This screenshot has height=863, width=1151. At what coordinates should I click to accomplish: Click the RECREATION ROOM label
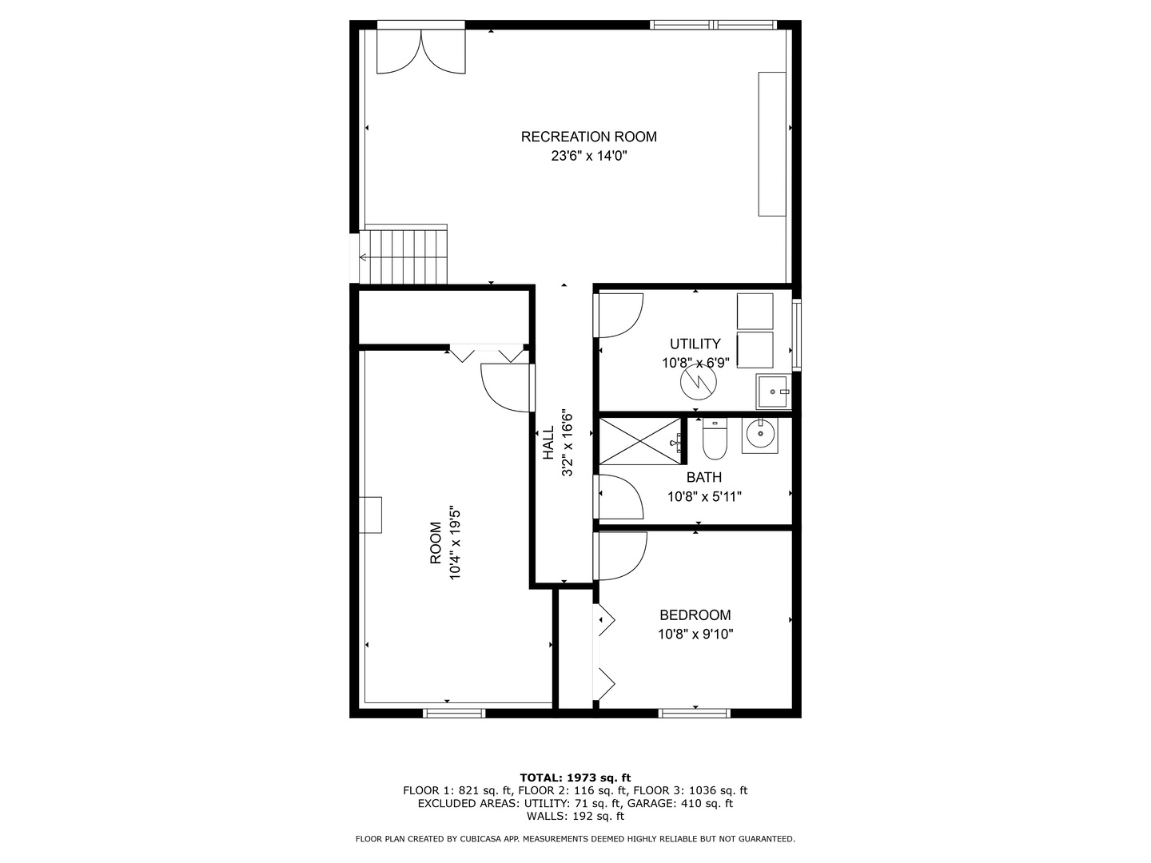588,137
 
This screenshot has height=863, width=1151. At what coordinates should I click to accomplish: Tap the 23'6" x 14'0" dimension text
588,157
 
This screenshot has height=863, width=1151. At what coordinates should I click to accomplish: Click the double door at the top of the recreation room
420,50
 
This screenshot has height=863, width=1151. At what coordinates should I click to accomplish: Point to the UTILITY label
695,344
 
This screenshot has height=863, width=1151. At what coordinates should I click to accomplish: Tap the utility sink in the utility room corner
772,392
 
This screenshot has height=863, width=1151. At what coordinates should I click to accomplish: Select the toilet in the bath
715,440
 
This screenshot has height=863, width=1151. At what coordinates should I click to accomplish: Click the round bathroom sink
759,435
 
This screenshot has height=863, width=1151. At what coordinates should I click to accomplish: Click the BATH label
703,478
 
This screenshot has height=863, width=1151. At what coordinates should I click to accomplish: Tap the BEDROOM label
695,615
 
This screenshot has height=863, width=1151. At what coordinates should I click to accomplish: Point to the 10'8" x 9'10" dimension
695,634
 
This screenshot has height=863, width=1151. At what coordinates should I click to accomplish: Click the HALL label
549,442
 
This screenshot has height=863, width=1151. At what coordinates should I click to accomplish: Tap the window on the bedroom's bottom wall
694,712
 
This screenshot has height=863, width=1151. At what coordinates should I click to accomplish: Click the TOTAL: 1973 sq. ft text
575,777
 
